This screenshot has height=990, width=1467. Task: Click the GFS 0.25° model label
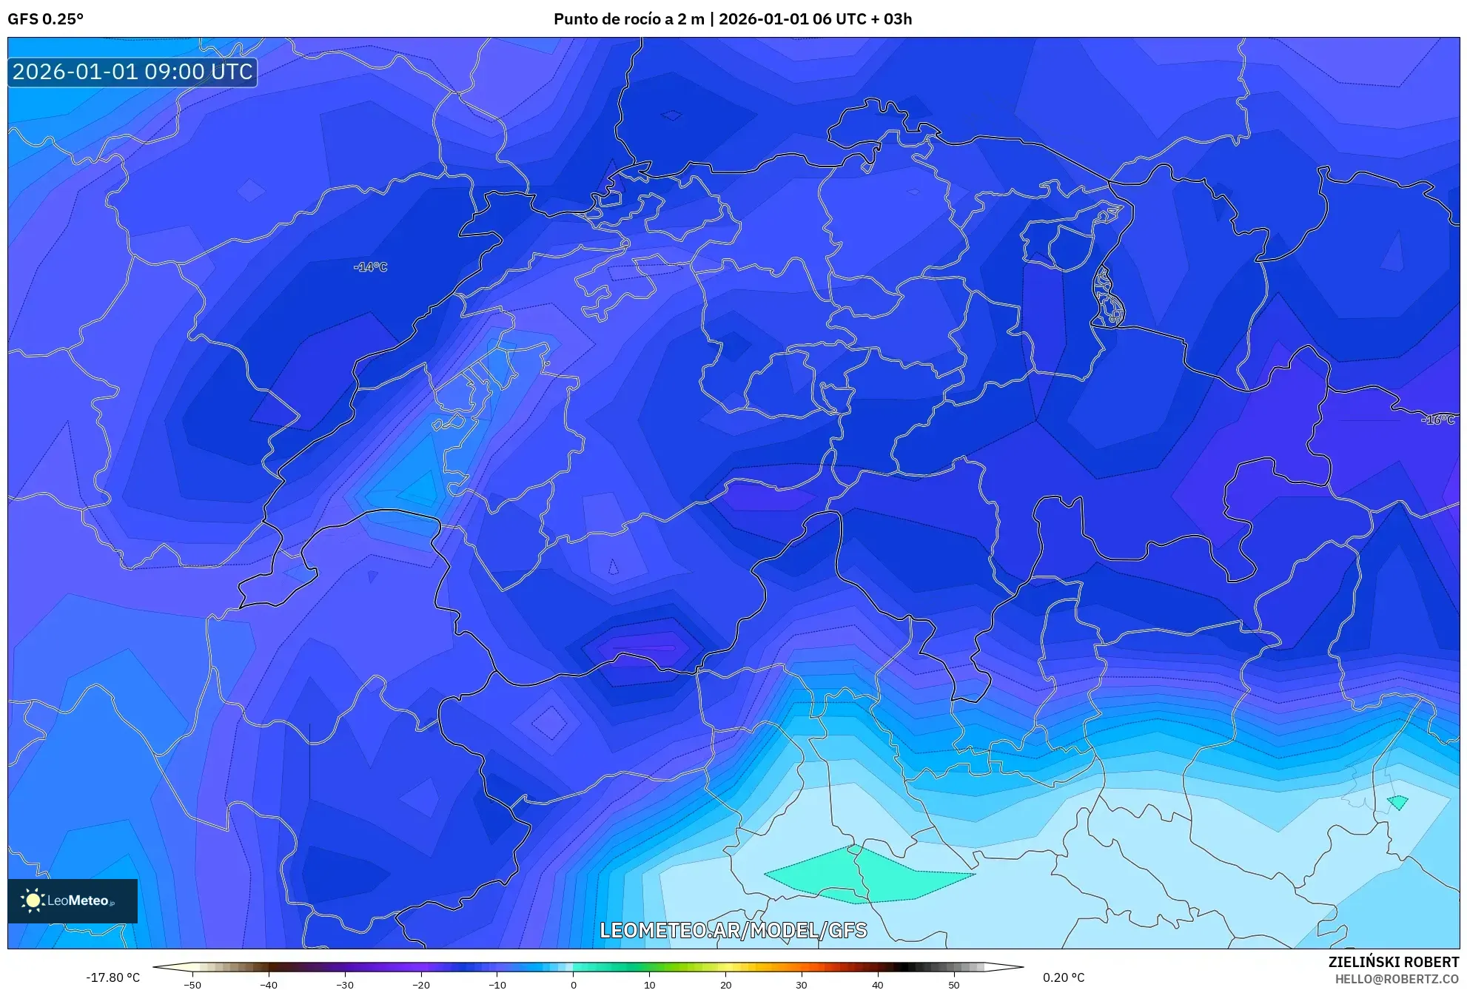(x=45, y=19)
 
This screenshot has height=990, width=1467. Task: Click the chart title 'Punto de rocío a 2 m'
(x=628, y=19)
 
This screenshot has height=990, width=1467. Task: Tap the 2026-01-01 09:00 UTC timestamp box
(x=132, y=72)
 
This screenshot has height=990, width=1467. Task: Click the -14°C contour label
(x=370, y=267)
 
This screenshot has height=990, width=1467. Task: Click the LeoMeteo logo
(x=73, y=900)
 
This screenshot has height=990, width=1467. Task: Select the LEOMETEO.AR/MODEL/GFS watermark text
(x=733, y=930)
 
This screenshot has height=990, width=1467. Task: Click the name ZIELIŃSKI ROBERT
(x=1393, y=962)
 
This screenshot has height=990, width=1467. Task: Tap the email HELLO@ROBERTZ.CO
(x=1397, y=979)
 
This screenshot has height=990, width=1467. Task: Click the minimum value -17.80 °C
(x=113, y=977)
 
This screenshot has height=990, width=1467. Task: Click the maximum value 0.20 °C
(x=1064, y=977)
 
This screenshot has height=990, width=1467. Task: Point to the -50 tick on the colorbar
(x=192, y=985)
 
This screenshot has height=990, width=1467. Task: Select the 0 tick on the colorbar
(x=573, y=985)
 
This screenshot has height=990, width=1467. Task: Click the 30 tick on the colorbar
(x=802, y=985)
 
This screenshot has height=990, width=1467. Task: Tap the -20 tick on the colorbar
(x=420, y=985)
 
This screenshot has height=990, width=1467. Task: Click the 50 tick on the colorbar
(x=954, y=985)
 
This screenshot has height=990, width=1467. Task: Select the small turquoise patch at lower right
(x=1397, y=802)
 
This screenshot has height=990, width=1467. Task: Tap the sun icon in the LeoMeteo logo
(x=33, y=900)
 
